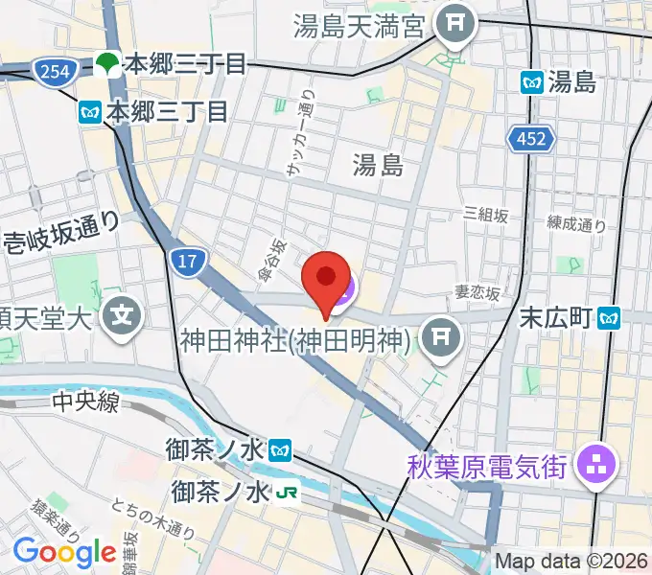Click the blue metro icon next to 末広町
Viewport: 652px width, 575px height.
(x=608, y=315)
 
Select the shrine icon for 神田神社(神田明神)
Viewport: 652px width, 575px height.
(x=441, y=336)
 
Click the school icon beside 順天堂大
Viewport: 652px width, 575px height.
(x=123, y=313)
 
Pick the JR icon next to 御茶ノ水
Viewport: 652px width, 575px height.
(x=285, y=493)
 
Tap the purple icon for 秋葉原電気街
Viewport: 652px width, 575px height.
(x=596, y=468)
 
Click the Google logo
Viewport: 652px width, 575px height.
(x=64, y=552)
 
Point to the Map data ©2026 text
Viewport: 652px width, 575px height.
(x=571, y=562)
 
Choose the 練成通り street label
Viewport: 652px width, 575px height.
(x=577, y=226)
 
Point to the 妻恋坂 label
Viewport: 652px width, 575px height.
(x=477, y=295)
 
